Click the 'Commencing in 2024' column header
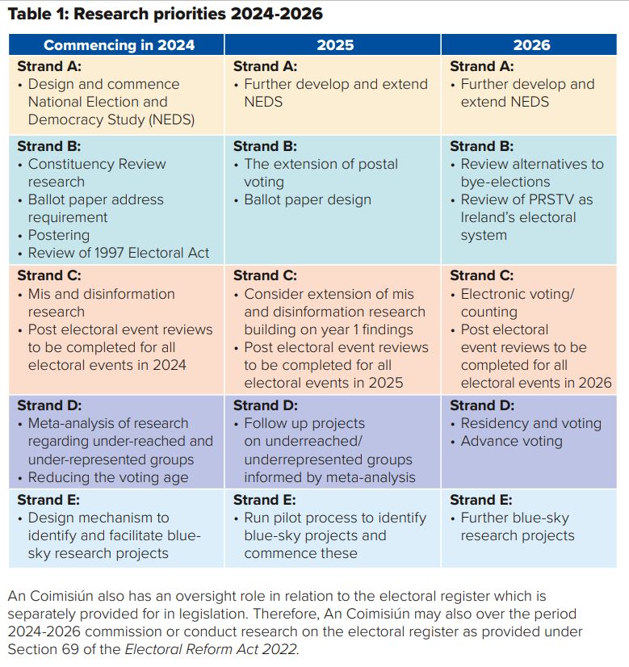(119, 44)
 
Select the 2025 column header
(335, 44)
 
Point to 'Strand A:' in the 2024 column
(48, 66)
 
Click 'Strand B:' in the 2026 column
(481, 146)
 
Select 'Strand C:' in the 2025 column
(265, 276)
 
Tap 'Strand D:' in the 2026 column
(481, 405)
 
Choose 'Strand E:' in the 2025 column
(265, 500)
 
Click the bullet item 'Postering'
(58, 235)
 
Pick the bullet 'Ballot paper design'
(308, 199)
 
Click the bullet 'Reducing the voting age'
(108, 477)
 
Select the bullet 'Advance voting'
(511, 441)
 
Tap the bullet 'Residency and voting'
(530, 423)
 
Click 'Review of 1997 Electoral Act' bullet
(119, 253)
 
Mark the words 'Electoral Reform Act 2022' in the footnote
(212, 648)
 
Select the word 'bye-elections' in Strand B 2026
(505, 182)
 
